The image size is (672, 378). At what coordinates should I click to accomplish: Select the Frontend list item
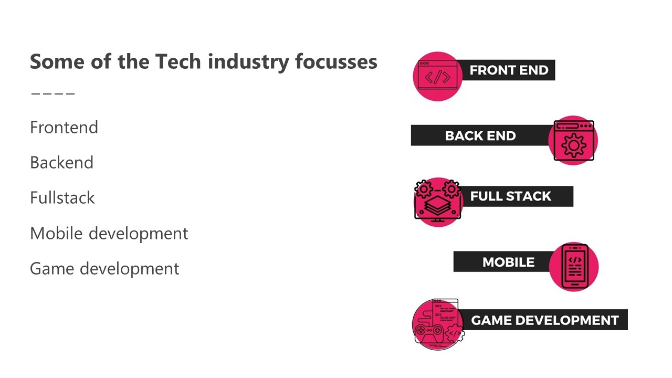pos(64,128)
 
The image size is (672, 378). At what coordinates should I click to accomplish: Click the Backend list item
pos(61,163)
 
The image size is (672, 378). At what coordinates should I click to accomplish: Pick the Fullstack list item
pos(62,198)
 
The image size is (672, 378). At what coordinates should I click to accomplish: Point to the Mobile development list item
pos(109,233)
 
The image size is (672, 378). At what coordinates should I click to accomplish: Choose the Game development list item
pos(104,268)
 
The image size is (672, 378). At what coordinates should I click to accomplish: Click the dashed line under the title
pos(53,94)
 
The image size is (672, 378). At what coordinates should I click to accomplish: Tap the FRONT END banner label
pos(509,70)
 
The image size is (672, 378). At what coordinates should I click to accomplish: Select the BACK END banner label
pos(480,136)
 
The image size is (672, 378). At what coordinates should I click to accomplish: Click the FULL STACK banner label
pos(511,196)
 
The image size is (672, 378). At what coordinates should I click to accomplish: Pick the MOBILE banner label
pos(508,262)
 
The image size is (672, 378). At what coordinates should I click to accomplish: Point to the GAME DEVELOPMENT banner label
pos(545,320)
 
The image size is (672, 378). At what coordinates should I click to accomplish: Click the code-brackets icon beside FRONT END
pos(437,77)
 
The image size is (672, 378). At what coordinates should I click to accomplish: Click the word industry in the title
pos(248,61)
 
